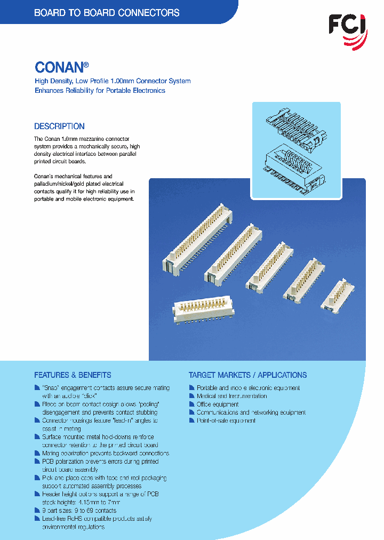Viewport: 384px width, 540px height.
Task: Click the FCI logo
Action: click(347, 25)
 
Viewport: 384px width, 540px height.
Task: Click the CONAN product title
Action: click(59, 67)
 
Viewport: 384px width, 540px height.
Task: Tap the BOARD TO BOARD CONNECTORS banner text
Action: click(107, 13)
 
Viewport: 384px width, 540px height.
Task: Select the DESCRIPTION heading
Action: click(59, 126)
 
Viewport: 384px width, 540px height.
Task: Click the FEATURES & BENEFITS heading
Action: click(73, 375)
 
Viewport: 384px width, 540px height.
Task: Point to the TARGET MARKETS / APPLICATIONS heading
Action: click(247, 375)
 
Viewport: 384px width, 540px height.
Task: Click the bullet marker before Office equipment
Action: click(192, 404)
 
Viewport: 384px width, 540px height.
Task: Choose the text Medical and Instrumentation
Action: click(231, 396)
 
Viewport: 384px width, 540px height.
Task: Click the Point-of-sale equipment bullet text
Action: click(226, 420)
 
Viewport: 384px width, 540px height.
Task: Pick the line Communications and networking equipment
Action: click(251, 412)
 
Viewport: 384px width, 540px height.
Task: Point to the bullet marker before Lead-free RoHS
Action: click(37, 519)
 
